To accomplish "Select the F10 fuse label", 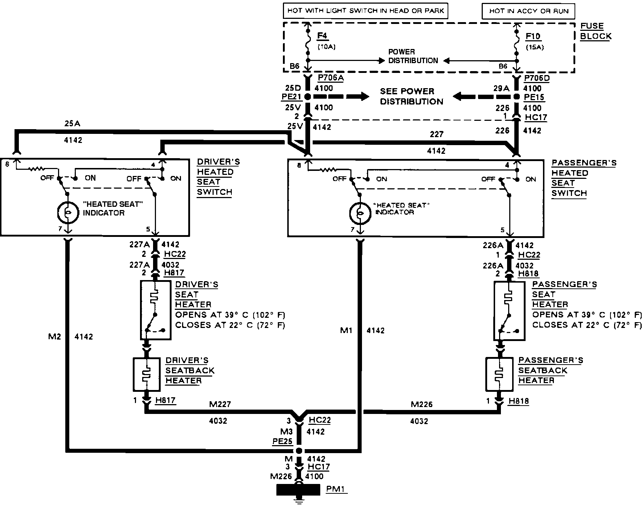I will coord(533,36).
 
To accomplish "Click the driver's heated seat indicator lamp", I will coord(68,212).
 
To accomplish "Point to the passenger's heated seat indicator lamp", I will coord(360,213).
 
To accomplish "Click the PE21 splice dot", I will coord(308,97).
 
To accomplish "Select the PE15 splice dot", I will coord(517,97).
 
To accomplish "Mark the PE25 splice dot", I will coord(299,451).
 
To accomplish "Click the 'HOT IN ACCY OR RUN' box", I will coord(528,11).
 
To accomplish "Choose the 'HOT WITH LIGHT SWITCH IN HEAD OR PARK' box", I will coord(365,11).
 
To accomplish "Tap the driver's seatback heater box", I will coord(147,374).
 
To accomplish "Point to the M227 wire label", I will coord(220,404).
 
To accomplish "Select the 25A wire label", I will coord(72,124).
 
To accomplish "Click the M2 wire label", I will coord(55,337).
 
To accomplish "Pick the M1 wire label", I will coord(346,330).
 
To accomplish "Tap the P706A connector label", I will coord(330,78).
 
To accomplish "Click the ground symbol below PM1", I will coord(299,501).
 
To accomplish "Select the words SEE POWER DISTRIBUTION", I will coord(411,96).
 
